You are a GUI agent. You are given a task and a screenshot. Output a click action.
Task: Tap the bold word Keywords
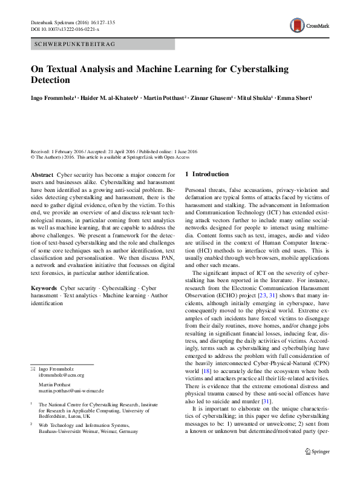coord(44,281)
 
